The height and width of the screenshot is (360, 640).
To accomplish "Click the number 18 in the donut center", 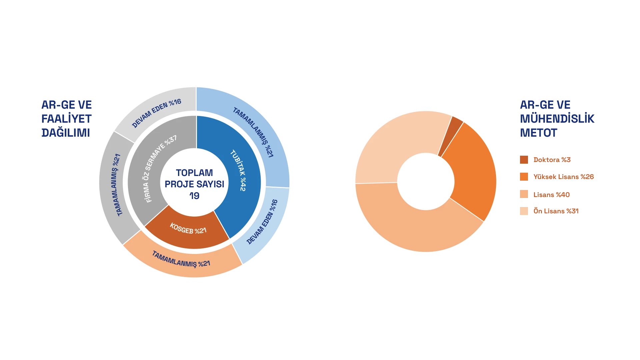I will coord(194,196).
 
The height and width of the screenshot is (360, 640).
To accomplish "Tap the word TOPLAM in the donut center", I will coord(194,172).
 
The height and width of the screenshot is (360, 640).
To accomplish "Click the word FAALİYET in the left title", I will coord(66,118).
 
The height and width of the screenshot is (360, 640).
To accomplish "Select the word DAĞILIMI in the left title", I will coord(65,133).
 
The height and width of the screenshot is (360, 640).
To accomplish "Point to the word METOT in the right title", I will coord(538,133).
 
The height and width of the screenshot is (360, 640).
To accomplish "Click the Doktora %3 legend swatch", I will coord(524,159).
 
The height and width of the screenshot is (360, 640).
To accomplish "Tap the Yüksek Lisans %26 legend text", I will coord(564,177).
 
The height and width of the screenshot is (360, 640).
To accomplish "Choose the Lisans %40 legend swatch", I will coord(524,194).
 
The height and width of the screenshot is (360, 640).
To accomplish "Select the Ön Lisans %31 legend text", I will coord(556,211).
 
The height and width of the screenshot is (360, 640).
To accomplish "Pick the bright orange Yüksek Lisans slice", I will coord(473,173).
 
